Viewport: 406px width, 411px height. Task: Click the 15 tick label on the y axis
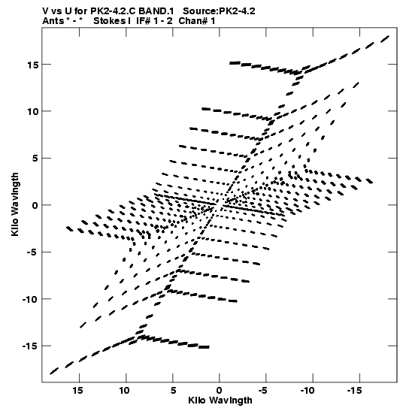(x=33, y=65)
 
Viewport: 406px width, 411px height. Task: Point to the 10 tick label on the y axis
(x=33, y=111)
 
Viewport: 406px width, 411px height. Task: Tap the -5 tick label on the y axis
(x=31, y=252)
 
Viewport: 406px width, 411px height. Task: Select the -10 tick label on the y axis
(x=30, y=299)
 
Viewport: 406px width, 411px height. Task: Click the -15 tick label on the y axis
(x=30, y=346)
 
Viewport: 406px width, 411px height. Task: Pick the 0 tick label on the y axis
(x=35, y=205)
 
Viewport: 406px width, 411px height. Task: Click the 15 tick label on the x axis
(x=78, y=391)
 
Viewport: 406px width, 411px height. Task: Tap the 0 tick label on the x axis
(x=220, y=391)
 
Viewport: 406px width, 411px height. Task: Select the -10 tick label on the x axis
(x=308, y=391)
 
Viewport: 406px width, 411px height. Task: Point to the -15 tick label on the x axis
(x=354, y=391)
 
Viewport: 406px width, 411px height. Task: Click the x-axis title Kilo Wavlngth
(x=220, y=400)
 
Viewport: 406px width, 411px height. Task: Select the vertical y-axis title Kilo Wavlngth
(x=15, y=204)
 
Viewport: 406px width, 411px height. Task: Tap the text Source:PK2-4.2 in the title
(x=219, y=11)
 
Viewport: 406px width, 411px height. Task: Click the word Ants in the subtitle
(x=53, y=21)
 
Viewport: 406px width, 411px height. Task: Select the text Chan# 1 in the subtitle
(x=197, y=21)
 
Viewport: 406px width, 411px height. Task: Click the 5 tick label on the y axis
(x=35, y=159)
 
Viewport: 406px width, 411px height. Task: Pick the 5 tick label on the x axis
(x=173, y=391)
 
